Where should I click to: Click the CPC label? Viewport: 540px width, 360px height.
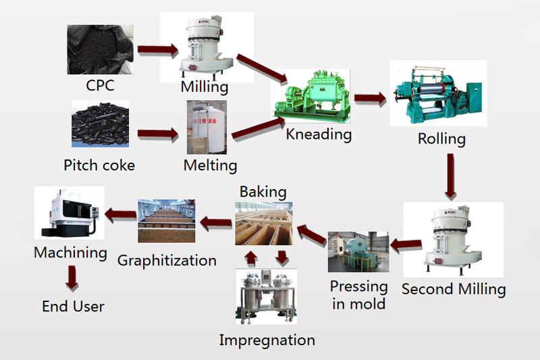[x=100, y=86]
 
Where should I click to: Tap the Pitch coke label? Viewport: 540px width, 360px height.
[x=99, y=165]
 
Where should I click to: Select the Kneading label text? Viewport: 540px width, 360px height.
[x=319, y=134]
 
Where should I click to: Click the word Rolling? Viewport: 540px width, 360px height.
[x=441, y=139]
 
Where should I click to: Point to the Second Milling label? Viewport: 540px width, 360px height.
[x=454, y=289]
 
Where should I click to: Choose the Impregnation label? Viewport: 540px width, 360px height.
[x=267, y=340]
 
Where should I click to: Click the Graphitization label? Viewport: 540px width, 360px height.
[x=167, y=260]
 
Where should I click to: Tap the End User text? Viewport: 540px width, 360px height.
[x=73, y=307]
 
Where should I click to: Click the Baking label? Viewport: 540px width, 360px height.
[x=263, y=192]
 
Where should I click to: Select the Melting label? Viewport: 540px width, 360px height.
[x=211, y=165]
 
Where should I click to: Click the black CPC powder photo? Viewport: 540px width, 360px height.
[x=99, y=50]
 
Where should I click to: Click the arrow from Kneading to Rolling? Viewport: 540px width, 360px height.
[x=370, y=99]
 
